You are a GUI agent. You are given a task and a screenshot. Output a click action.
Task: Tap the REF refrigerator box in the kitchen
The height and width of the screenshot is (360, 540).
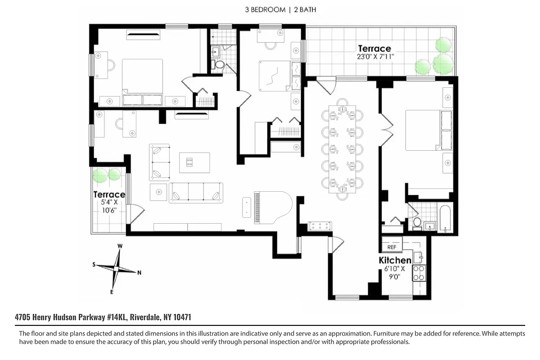pos(391,247)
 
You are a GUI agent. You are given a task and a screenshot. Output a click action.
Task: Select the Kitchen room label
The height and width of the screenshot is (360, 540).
pos(395,260)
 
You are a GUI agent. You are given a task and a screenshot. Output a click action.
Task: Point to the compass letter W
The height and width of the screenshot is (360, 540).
pos(120,246)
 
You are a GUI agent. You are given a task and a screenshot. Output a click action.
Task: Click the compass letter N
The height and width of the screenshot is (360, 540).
pos(139,272)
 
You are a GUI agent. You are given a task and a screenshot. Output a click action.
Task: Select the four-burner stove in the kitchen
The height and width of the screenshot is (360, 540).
pos(419,273)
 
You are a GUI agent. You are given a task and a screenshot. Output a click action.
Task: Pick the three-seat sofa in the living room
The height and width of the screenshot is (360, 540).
pos(196,193)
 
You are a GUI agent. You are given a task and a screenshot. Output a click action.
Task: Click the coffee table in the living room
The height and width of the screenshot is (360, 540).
pos(195,162)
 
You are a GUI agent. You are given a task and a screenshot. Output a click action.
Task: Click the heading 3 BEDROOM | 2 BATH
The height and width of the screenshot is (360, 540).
pos(270,9)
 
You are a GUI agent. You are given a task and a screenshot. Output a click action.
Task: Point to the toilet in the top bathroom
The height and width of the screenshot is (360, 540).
pos(220,64)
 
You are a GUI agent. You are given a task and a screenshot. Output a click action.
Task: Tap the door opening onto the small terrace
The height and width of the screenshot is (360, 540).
pos(135,214)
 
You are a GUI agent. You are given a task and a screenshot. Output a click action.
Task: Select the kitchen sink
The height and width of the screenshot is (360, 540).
pos(418,257)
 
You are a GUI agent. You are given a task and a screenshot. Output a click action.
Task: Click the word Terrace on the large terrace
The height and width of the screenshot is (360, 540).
pos(374,48)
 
